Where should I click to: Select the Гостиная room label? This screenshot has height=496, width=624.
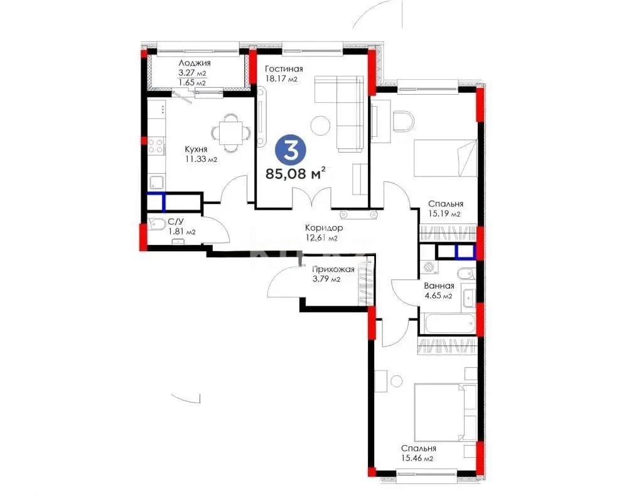pyautogui.click(x=284, y=69)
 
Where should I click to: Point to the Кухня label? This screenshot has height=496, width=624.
pyautogui.click(x=196, y=149)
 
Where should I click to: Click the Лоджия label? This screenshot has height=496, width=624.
pyautogui.click(x=194, y=63)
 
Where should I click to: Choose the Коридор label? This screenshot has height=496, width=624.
pyautogui.click(x=324, y=228)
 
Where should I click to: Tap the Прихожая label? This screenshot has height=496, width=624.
pyautogui.click(x=333, y=270)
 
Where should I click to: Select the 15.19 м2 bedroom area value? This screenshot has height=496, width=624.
pyautogui.click(x=445, y=214)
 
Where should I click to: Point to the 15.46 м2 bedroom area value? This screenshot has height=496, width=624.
pyautogui.click(x=419, y=459)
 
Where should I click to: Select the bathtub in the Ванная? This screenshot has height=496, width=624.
pyautogui.click(x=448, y=325)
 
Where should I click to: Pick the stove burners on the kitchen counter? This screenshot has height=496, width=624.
pyautogui.click(x=155, y=146)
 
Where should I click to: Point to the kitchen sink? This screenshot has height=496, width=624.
pyautogui.click(x=156, y=182)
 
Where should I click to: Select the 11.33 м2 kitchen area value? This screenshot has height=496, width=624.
pyautogui.click(x=200, y=159)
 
